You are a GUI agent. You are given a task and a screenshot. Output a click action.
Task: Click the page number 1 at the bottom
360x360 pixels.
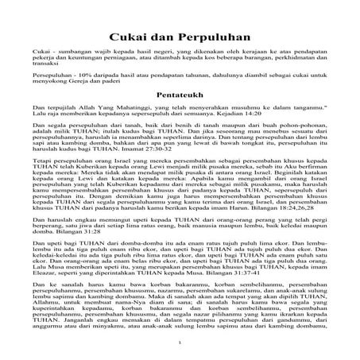click(x=180, y=343)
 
